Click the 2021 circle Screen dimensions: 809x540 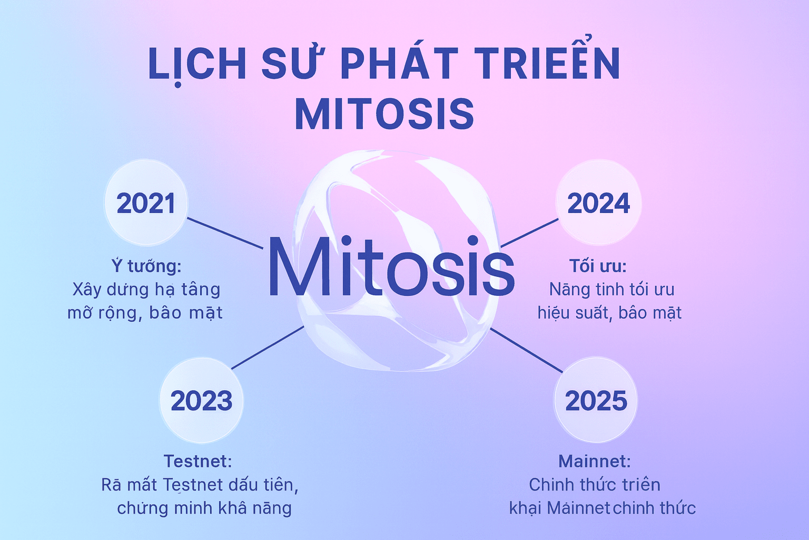(x=146, y=202)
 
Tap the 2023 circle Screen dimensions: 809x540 (x=202, y=400)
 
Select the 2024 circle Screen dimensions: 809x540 (x=598, y=202)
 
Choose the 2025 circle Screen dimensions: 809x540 (x=596, y=400)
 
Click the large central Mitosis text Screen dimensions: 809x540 (x=391, y=266)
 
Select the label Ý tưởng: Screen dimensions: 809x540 (x=146, y=266)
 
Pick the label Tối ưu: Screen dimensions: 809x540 (x=598, y=266)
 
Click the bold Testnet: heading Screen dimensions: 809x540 (x=198, y=461)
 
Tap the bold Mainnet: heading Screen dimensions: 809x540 (x=595, y=461)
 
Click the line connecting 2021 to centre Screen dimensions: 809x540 (x=225, y=233)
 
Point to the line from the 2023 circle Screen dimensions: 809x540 (x=268, y=348)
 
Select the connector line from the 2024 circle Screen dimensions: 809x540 (x=529, y=233)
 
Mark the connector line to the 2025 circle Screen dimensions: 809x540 (x=526, y=351)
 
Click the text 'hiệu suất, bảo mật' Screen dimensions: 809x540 (x=609, y=313)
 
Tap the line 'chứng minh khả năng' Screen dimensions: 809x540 (x=204, y=508)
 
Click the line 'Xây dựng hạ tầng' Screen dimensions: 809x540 (x=146, y=290)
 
